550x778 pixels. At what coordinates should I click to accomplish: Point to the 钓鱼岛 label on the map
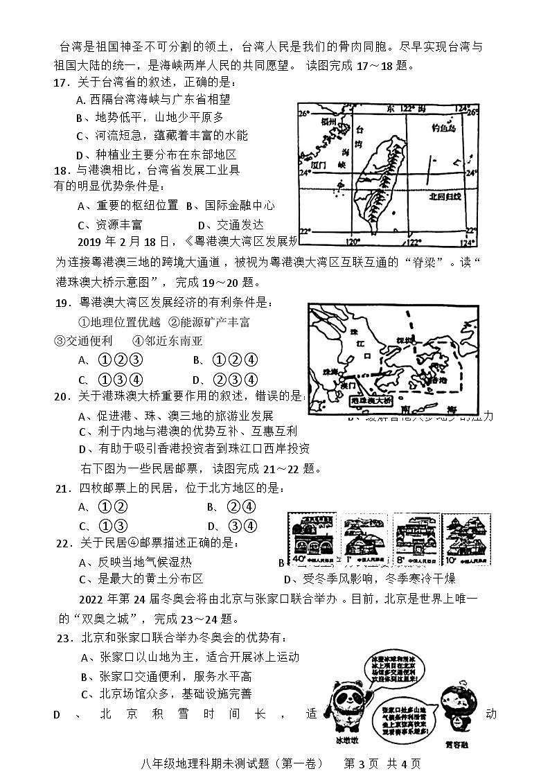click(x=443, y=128)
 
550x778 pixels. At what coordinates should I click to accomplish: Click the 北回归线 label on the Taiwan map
click(x=444, y=196)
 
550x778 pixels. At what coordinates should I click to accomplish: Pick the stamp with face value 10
click(x=465, y=539)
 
